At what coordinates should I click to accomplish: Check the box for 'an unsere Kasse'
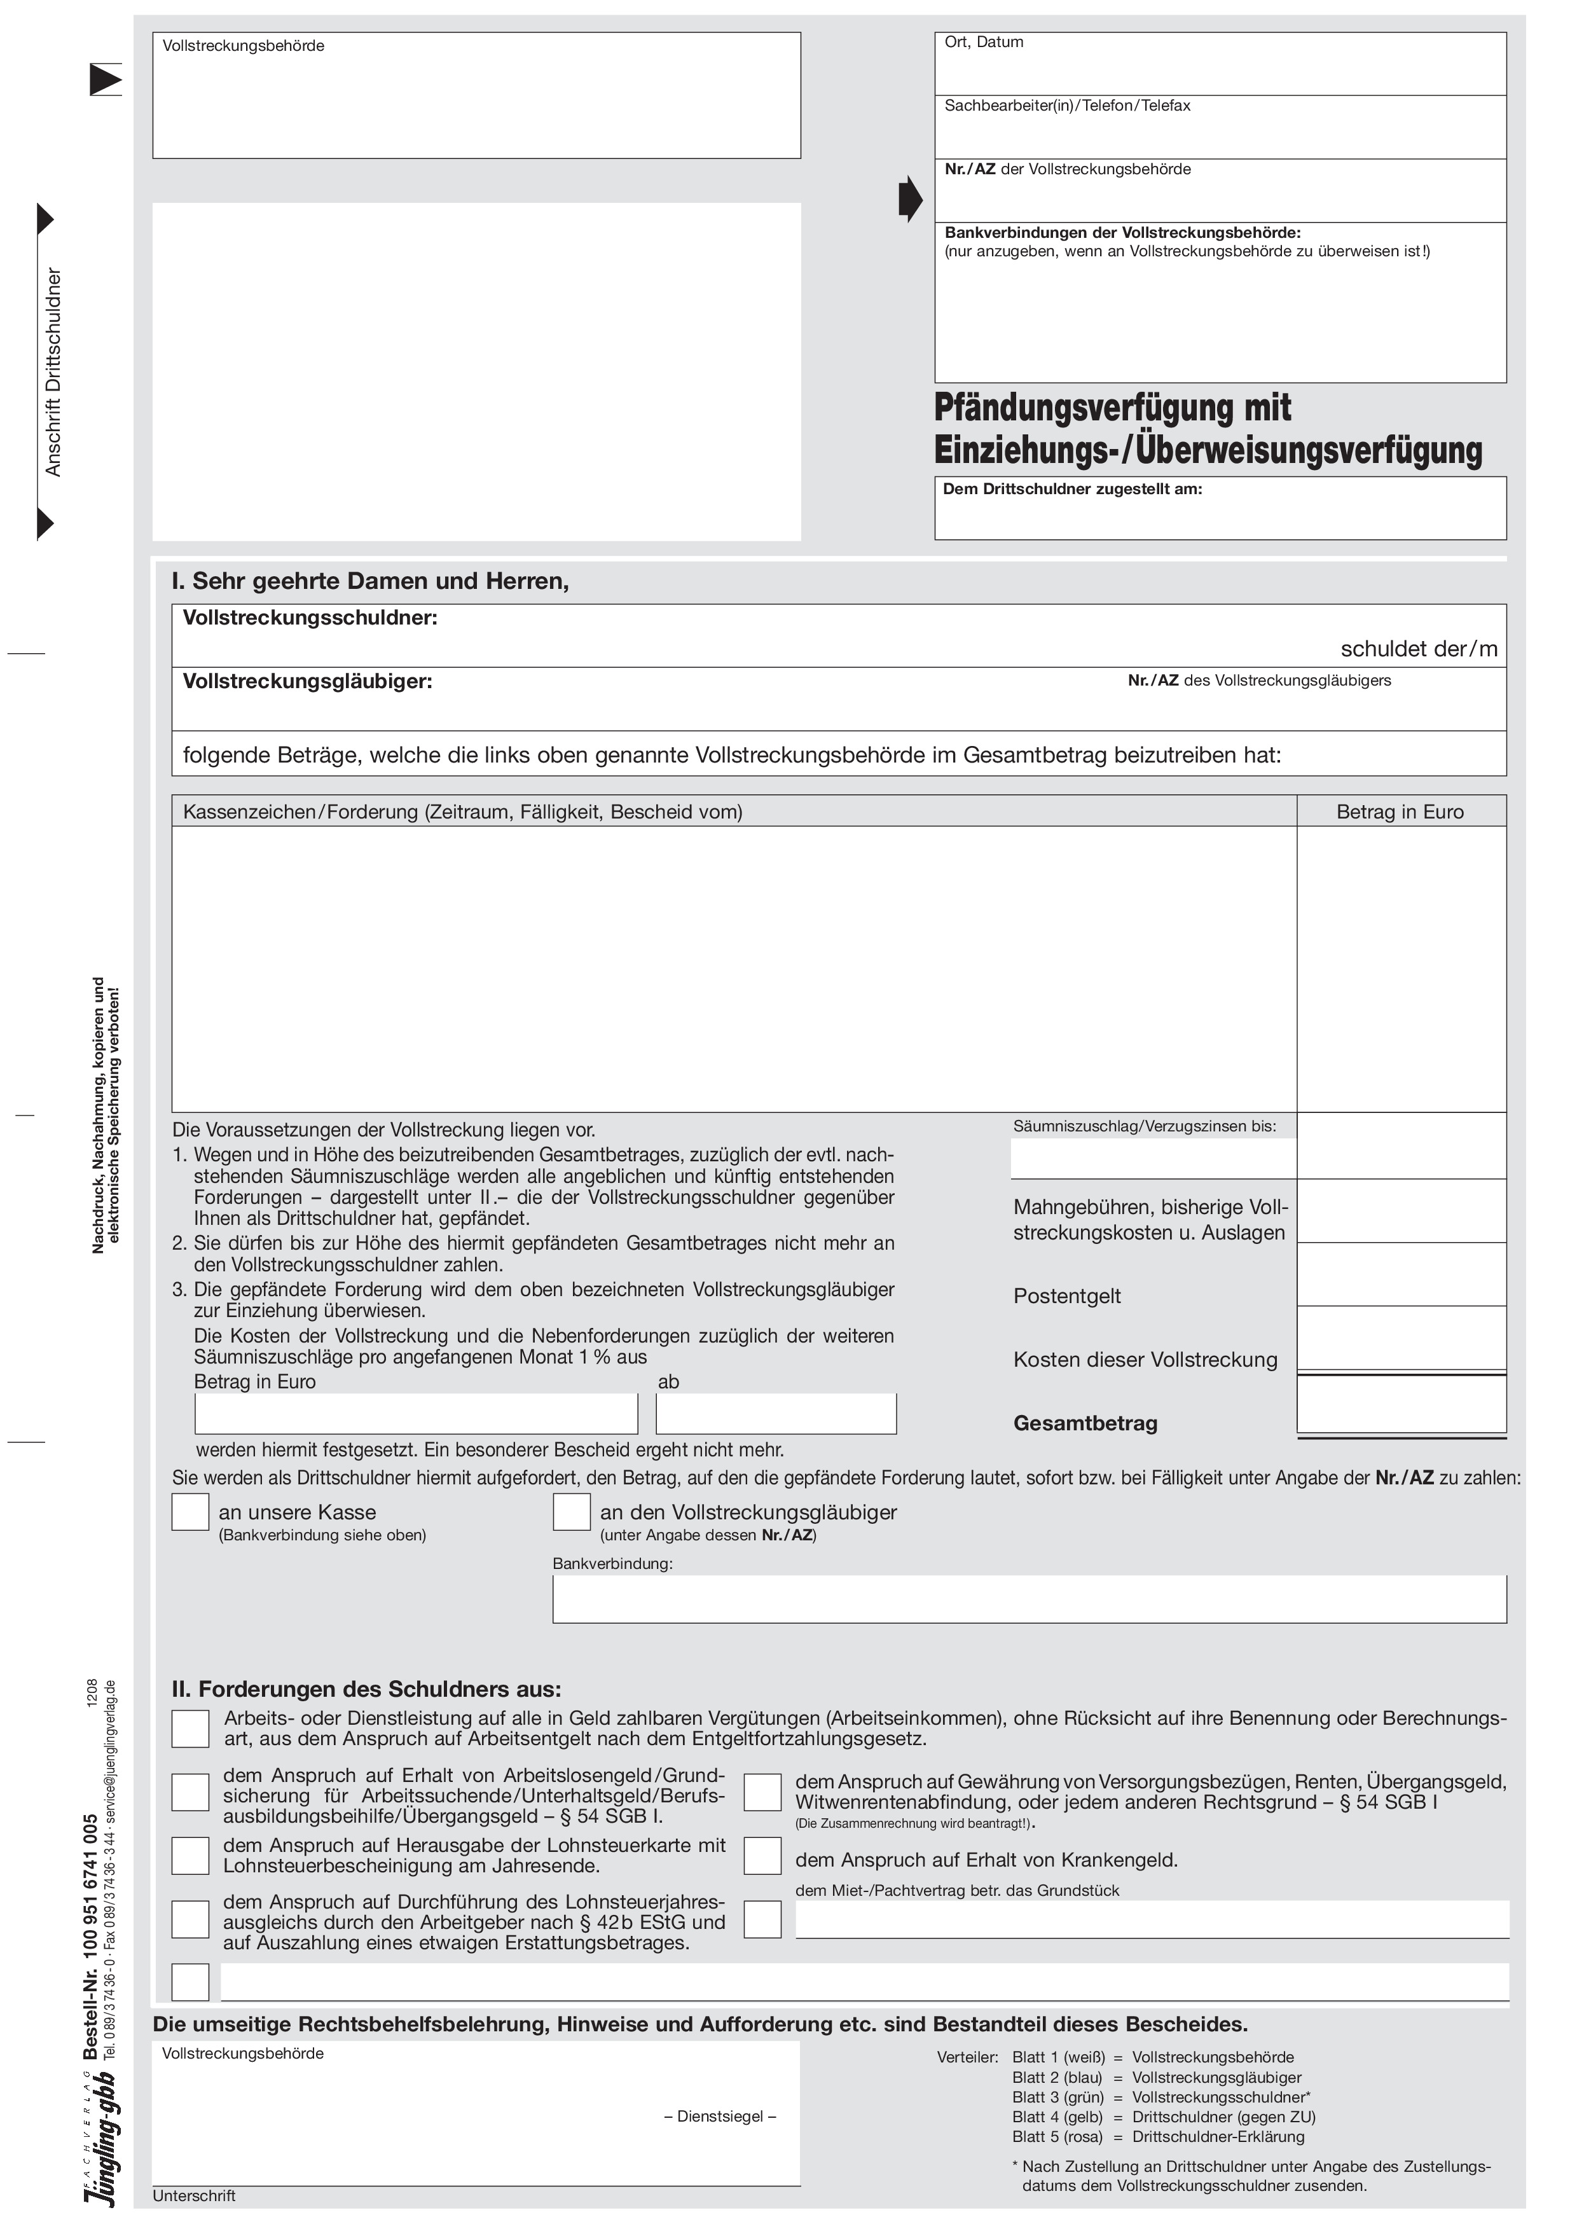click(190, 1511)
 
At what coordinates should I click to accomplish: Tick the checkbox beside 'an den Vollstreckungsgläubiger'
click(571, 1511)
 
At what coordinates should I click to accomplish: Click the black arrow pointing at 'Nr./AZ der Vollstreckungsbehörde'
click(909, 199)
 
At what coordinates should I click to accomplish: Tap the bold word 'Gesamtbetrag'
click(1085, 1423)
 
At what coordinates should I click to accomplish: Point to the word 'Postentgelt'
click(1067, 1296)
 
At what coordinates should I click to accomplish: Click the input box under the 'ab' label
click(775, 1414)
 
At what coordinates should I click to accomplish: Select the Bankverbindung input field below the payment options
click(1029, 1599)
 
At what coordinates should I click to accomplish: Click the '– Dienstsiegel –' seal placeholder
click(719, 2117)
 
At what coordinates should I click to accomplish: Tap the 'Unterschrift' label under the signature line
click(195, 2196)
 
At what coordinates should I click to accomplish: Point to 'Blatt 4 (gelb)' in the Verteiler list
click(1057, 2117)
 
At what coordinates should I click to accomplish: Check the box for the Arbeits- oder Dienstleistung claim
click(190, 1729)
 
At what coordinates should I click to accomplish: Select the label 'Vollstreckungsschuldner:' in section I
click(310, 618)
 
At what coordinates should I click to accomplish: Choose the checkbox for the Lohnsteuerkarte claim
click(190, 1855)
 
